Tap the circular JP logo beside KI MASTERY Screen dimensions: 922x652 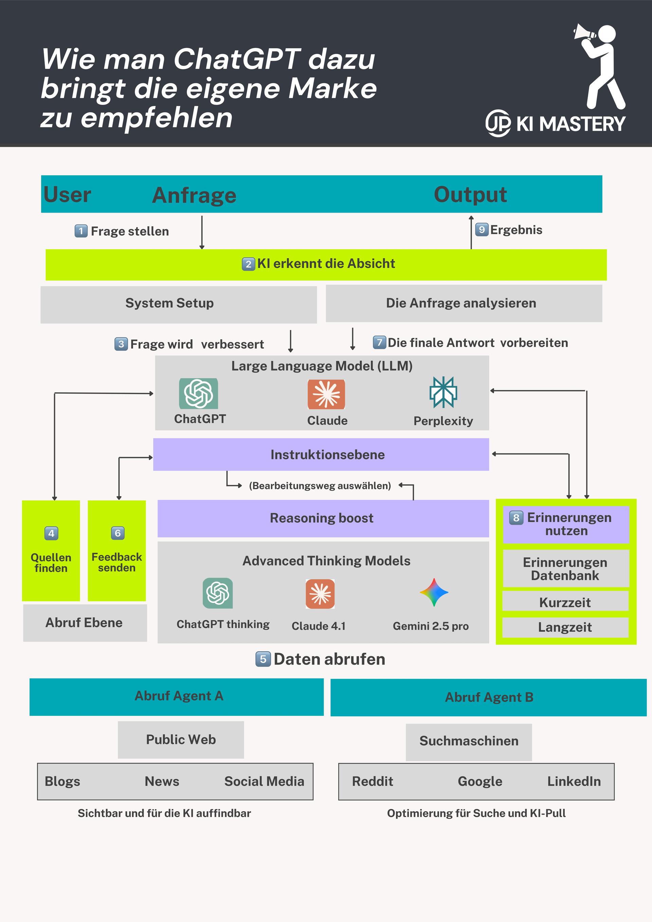[x=498, y=123]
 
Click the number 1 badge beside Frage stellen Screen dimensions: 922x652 [x=81, y=231]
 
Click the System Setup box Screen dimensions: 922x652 [x=178, y=304]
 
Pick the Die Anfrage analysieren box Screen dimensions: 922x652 [x=464, y=303]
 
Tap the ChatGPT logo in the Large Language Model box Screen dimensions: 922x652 [x=198, y=394]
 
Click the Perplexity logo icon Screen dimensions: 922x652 [x=443, y=392]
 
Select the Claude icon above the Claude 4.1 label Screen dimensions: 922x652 [x=320, y=594]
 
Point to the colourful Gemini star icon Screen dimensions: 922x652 [x=434, y=592]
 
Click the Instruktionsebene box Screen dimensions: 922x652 [x=321, y=455]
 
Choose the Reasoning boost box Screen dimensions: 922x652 [x=323, y=519]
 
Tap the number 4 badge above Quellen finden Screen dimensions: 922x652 [x=51, y=533]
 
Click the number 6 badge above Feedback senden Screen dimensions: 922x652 [x=117, y=533]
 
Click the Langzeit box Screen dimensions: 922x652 [x=565, y=627]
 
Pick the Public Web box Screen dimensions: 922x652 [x=181, y=740]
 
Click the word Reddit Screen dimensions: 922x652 [x=373, y=781]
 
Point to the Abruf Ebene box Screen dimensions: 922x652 [x=85, y=623]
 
